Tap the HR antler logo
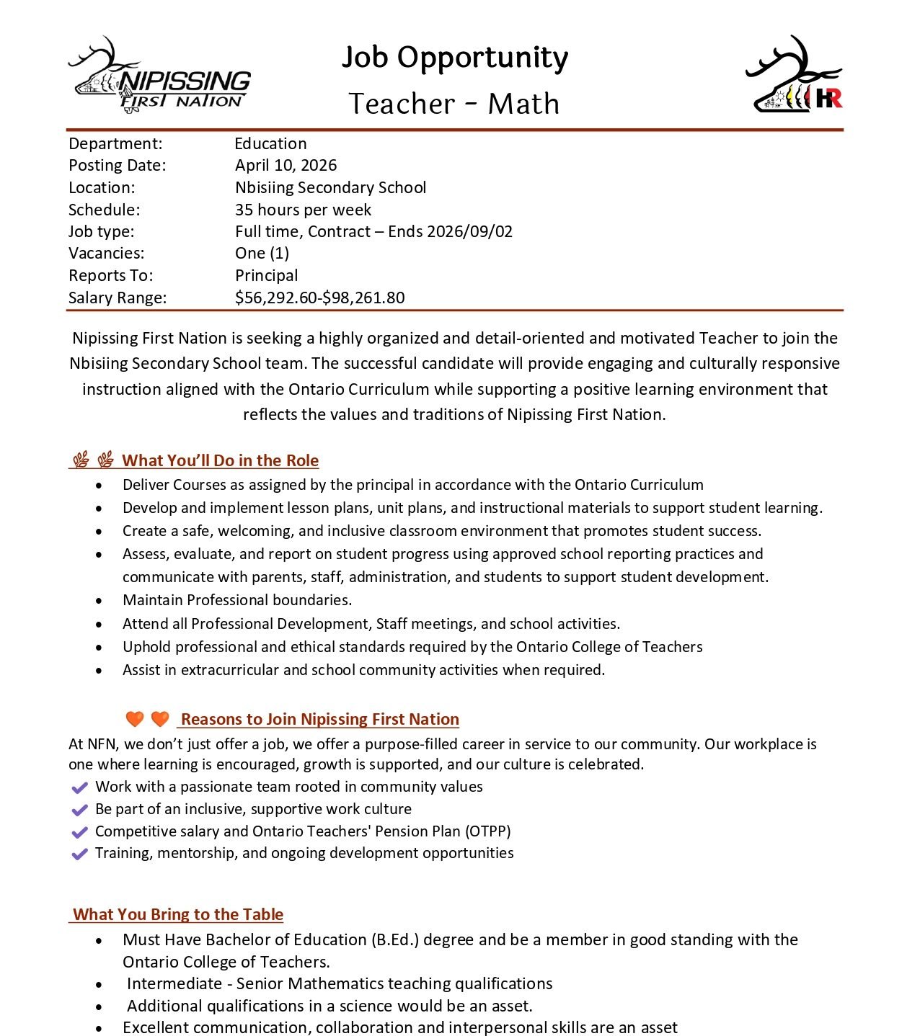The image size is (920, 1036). click(x=794, y=76)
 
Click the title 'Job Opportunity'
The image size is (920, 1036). click(x=454, y=58)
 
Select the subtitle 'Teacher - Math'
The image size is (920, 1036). click(x=454, y=104)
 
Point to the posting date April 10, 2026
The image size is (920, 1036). click(x=286, y=166)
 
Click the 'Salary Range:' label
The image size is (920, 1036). click(x=118, y=298)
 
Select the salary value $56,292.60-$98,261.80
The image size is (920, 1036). click(x=319, y=298)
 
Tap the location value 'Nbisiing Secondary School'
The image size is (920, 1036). click(x=330, y=188)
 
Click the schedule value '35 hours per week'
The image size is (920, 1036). click(x=303, y=210)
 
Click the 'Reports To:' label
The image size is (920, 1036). click(x=111, y=276)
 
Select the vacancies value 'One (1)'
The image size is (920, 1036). click(x=262, y=254)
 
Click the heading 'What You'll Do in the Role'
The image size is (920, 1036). click(x=220, y=460)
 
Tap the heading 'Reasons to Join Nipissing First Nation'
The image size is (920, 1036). click(x=319, y=719)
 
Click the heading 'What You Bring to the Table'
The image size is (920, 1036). click(x=178, y=914)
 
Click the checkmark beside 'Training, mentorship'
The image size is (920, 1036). click(x=80, y=854)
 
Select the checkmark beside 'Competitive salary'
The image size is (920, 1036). click(x=80, y=832)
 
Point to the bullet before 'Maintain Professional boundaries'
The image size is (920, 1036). click(x=99, y=601)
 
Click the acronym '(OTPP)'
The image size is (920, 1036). click(x=488, y=831)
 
